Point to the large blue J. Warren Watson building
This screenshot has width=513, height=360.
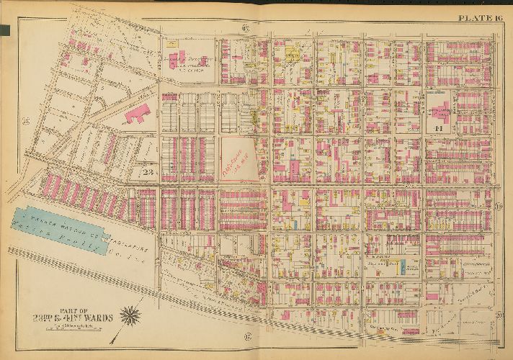[72, 227]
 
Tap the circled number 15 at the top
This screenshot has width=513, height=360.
[245, 28]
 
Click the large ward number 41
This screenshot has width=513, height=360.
[438, 128]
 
